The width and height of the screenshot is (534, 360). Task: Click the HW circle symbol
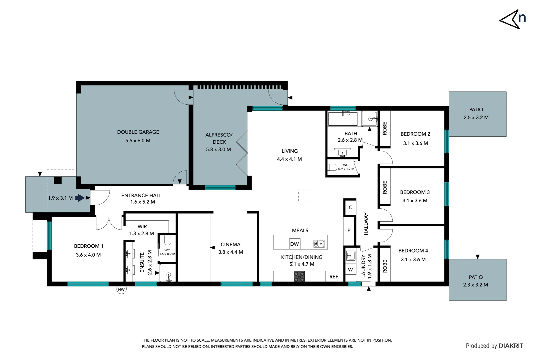click(121, 289)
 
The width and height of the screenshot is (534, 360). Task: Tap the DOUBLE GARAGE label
click(138, 132)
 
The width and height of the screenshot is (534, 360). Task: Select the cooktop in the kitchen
click(299, 276)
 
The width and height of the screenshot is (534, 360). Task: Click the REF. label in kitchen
click(334, 277)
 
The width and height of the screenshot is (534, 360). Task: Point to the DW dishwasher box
click(294, 244)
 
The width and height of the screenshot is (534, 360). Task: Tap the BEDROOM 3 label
click(415, 192)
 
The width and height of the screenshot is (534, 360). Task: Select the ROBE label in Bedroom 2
click(385, 128)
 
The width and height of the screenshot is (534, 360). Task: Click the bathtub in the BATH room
click(342, 118)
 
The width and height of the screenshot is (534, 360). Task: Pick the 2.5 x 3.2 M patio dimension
click(476, 117)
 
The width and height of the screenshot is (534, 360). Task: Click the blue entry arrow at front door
click(80, 198)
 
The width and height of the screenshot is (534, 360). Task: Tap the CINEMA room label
click(230, 244)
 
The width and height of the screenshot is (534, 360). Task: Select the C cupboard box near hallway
click(350, 207)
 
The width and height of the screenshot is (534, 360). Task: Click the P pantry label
click(349, 230)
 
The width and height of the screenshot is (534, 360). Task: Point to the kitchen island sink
click(319, 244)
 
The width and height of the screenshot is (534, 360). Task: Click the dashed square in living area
click(304, 195)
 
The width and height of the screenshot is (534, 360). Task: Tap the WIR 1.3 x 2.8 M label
click(142, 230)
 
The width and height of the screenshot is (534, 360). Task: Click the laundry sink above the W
click(350, 256)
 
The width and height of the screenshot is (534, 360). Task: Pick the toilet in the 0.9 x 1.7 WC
click(332, 167)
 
